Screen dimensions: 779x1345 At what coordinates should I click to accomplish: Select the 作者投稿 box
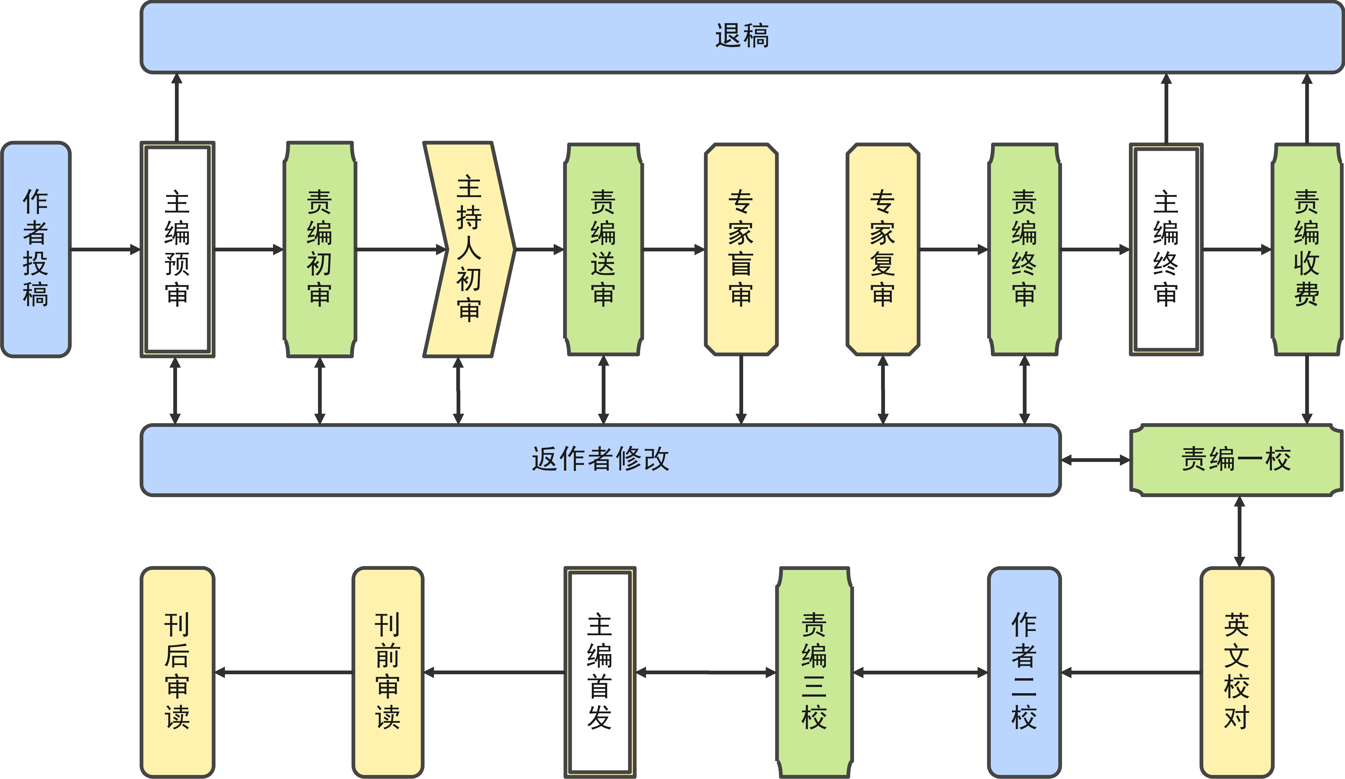[x=36, y=249]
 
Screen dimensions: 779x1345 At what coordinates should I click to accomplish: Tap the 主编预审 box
[x=177, y=249]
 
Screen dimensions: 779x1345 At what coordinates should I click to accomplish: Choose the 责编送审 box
[x=603, y=249]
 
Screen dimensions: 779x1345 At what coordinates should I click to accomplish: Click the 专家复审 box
[x=883, y=249]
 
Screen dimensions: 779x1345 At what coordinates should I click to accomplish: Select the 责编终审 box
[x=1024, y=249]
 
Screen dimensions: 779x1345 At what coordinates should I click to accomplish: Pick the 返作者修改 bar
[x=600, y=460]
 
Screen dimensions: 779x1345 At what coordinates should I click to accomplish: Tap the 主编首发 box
[x=600, y=672]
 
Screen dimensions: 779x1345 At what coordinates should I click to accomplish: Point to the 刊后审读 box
[x=177, y=672]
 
